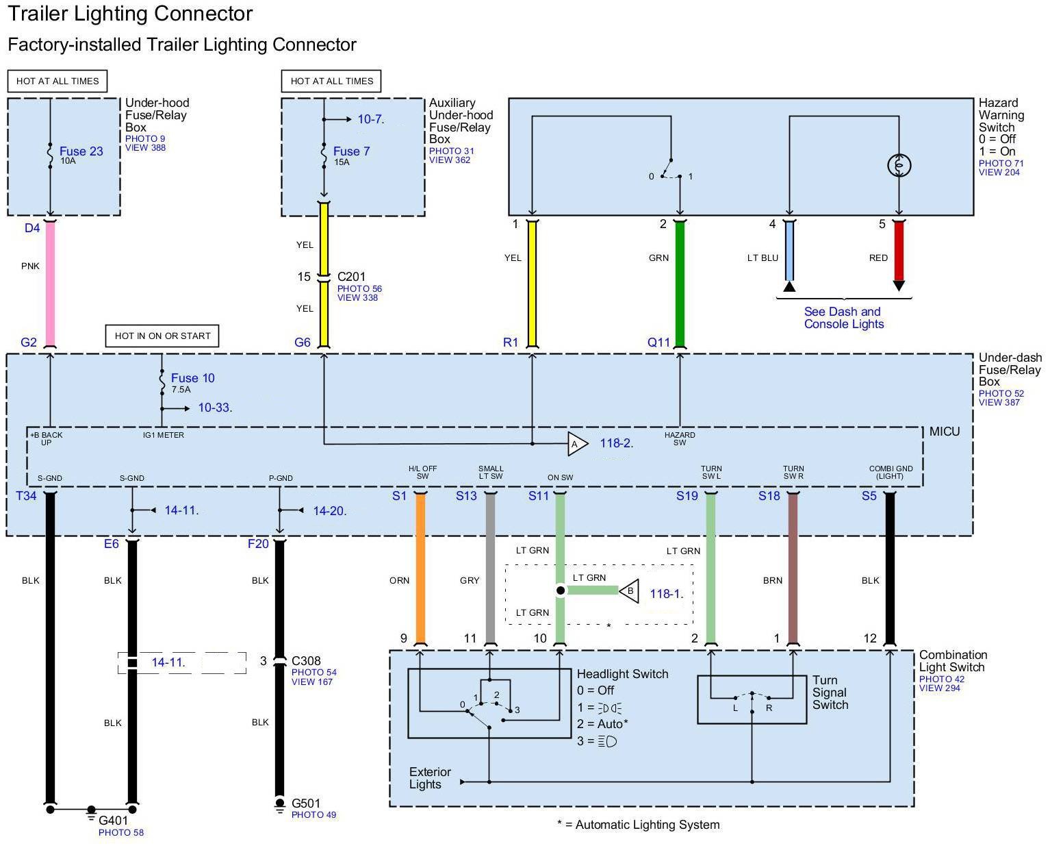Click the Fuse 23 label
[x=81, y=151]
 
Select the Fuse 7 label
[x=351, y=151]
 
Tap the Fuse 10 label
[x=192, y=378]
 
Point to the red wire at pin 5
[x=899, y=250]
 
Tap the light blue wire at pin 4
[x=789, y=250]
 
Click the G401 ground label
[x=113, y=821]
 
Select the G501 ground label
[x=305, y=803]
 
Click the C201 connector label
[x=351, y=277]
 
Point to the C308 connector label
[x=306, y=661]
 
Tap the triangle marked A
[x=576, y=444]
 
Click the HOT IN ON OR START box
[x=162, y=336]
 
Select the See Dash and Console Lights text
[x=843, y=318]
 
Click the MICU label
[x=944, y=432]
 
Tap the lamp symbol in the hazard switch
[x=899, y=165]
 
